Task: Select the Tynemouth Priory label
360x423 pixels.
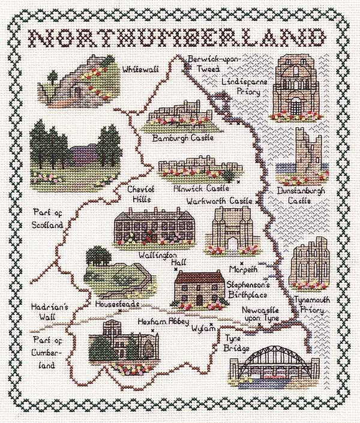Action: (308, 305)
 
